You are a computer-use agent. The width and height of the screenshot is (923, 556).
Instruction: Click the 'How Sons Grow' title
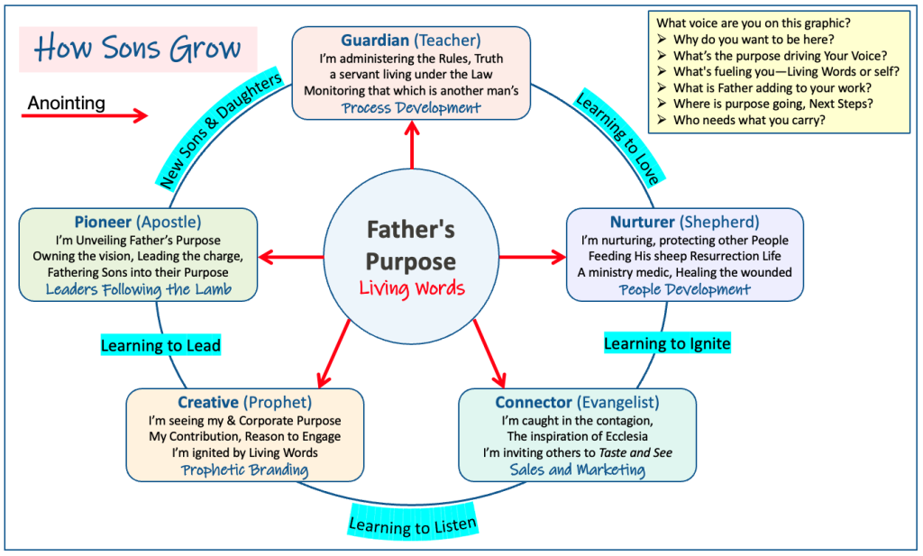click(138, 49)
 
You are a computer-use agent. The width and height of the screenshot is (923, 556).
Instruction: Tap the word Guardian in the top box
click(375, 40)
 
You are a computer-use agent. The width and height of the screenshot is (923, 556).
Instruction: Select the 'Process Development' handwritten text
click(411, 108)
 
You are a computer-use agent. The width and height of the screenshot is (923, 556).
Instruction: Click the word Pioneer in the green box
click(103, 222)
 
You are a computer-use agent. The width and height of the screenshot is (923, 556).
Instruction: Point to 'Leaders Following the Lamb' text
click(138, 289)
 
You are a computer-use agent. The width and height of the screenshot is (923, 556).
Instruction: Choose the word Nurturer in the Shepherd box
click(642, 222)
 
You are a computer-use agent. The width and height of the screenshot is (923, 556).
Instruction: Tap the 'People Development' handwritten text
click(685, 289)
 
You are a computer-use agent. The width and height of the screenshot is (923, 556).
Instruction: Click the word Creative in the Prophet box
click(208, 403)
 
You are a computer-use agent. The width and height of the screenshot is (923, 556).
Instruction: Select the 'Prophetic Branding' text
click(244, 470)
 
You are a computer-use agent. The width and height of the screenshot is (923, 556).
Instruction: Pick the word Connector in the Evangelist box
click(534, 403)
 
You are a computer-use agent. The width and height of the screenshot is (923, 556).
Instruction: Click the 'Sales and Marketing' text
click(577, 470)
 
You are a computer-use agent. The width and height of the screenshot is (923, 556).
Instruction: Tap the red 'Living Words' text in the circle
click(412, 288)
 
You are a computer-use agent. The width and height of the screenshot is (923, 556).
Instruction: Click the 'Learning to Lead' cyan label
click(160, 345)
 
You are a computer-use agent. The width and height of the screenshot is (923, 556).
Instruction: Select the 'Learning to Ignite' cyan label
click(667, 343)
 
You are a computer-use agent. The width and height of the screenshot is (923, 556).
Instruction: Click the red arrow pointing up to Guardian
click(412, 145)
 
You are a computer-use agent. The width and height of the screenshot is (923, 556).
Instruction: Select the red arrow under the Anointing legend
click(85, 115)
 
